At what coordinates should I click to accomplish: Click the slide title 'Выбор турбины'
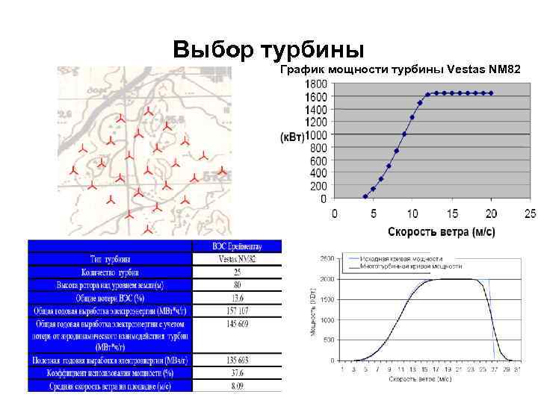click(268, 50)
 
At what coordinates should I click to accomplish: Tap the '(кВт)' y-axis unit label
click(292, 137)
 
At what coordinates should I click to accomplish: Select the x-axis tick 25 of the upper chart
click(530, 214)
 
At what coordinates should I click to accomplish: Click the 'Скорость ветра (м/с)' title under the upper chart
click(441, 231)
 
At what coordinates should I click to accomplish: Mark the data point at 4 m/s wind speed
click(365, 196)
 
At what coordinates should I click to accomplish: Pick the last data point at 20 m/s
click(491, 93)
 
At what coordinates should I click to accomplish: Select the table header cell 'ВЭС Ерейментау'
click(237, 246)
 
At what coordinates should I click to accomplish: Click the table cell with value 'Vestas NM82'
click(237, 259)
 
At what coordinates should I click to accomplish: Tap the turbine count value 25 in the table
click(237, 272)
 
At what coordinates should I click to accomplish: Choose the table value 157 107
click(237, 310)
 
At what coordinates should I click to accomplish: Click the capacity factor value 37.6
click(237, 372)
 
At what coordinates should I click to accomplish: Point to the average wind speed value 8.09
click(237, 385)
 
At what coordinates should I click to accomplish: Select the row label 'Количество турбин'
click(110, 272)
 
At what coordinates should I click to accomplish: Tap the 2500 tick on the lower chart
click(327, 258)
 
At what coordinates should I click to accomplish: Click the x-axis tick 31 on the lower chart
click(518, 369)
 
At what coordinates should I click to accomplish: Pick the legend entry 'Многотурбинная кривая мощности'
click(410, 266)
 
